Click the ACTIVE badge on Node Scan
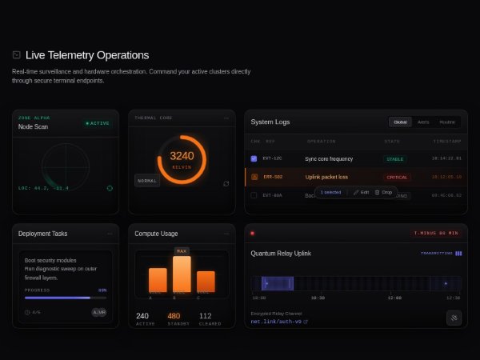coord(98,123)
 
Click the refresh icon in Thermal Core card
coord(226,183)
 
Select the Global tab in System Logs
coord(400,122)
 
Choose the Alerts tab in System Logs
coord(423,122)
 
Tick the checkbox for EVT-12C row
coord(254,158)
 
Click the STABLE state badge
coord(395,159)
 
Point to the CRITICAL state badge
coord(397,177)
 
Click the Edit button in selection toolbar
coord(362,193)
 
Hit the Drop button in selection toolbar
coord(384,193)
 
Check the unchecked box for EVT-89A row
coord(254,194)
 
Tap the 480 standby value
coord(174,316)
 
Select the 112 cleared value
coord(205,316)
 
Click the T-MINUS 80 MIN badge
coord(435,233)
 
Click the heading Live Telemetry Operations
coord(86,55)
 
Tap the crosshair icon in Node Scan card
coord(110,188)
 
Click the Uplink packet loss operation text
coord(326,177)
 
